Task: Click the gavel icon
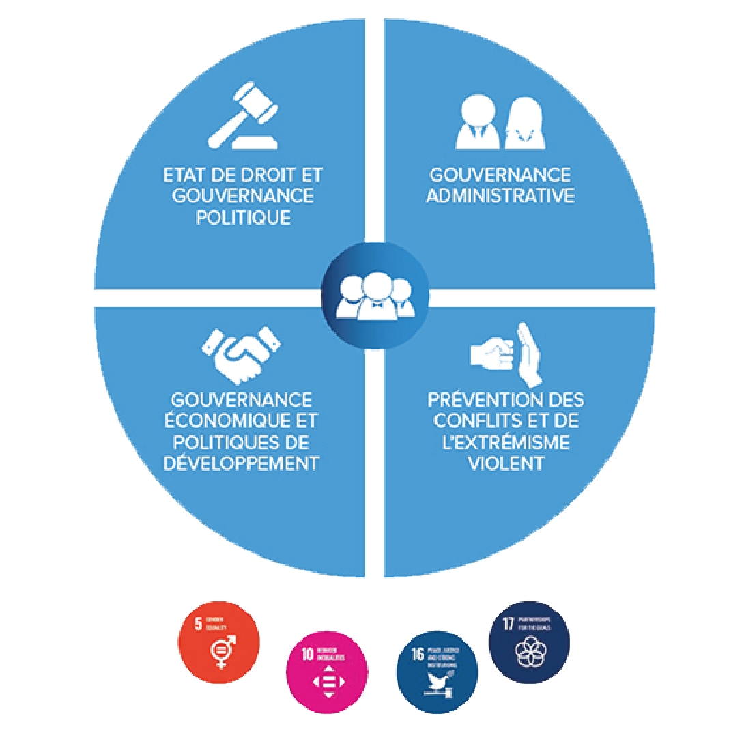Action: [244, 115]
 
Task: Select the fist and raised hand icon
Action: [506, 352]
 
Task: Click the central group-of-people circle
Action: [375, 296]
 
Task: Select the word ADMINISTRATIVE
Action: [500, 196]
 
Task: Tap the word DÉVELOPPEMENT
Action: [242, 463]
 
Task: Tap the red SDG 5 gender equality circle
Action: [219, 642]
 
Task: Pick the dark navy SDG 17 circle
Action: [529, 642]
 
